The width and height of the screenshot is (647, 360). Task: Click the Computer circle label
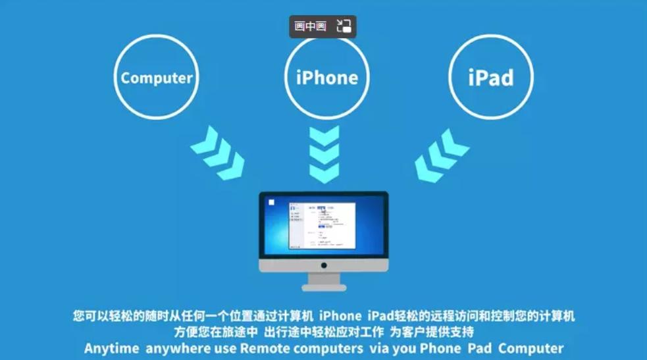[x=157, y=78]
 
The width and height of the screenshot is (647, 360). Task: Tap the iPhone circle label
[x=326, y=78]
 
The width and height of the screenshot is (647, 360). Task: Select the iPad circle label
[x=491, y=78]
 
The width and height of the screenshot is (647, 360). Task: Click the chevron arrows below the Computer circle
[x=218, y=153]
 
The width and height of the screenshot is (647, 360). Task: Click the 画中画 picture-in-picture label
[x=311, y=26]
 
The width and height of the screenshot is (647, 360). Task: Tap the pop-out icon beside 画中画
[x=344, y=26]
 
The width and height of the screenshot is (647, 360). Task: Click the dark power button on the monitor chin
[x=324, y=265]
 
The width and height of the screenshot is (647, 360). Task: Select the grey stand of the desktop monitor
[x=324, y=282]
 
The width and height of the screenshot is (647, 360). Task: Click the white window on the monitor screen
[x=323, y=225]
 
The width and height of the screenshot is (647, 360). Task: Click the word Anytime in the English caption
[x=111, y=348]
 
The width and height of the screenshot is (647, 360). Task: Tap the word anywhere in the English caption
[x=174, y=348]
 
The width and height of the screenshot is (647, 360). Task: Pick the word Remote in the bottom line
[x=263, y=348]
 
